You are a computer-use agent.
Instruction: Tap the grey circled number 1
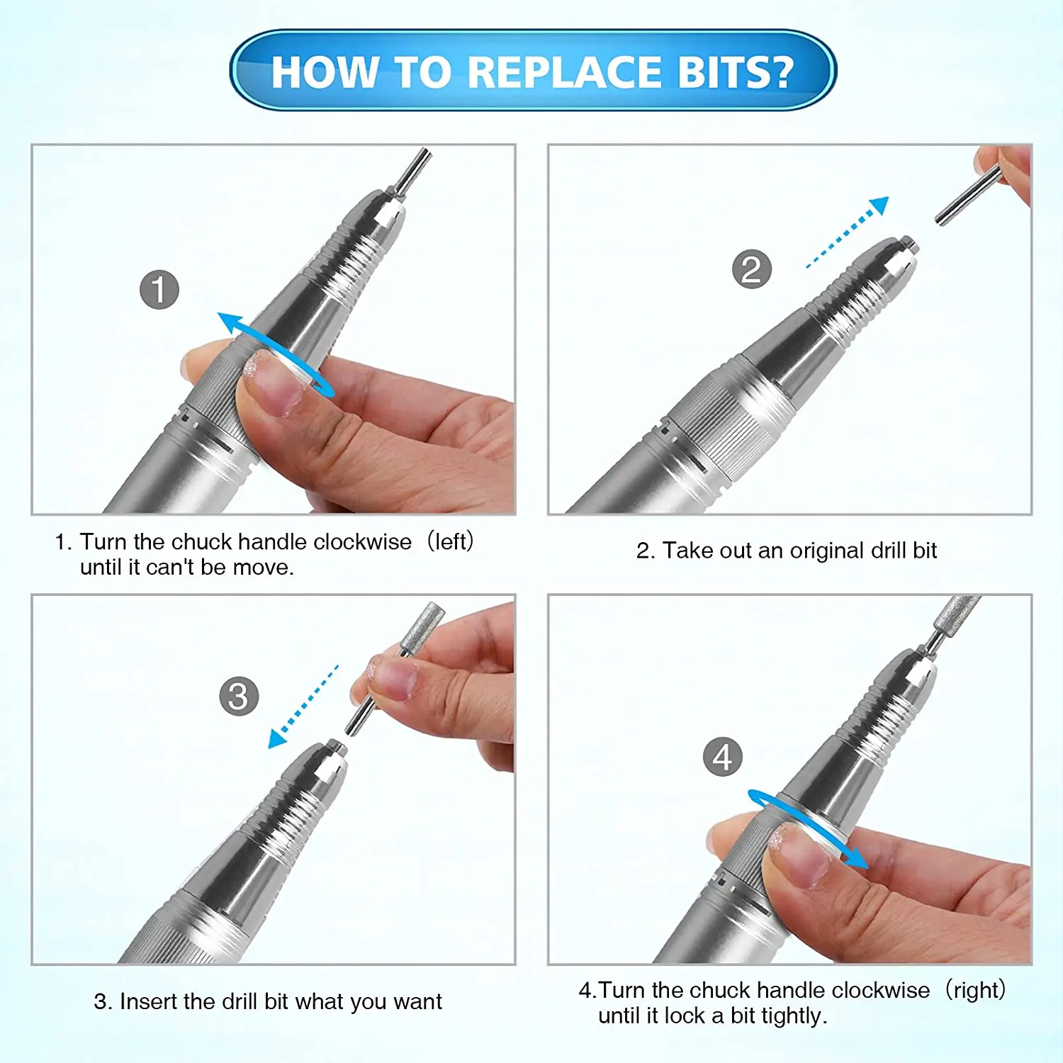point(159,290)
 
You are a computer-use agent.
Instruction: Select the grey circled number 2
point(751,269)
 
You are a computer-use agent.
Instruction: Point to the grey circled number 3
point(239,696)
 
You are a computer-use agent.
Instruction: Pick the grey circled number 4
point(722,756)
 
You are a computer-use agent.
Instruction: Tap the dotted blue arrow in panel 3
point(303,707)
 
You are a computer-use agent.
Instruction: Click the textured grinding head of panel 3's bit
point(422,629)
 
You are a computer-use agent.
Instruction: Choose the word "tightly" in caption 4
point(791,1017)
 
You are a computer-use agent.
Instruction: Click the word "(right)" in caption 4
point(976,990)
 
